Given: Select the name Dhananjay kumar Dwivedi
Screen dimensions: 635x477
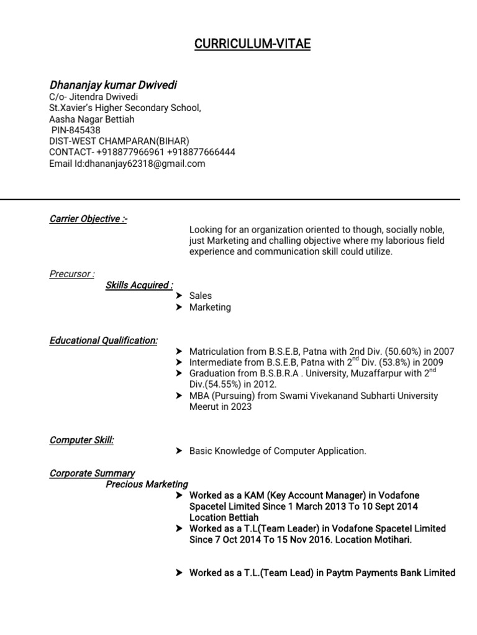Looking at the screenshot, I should coord(113,85).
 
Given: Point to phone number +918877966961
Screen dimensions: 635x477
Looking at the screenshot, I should coord(130,153).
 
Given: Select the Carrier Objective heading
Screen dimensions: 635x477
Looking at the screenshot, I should coord(88,219).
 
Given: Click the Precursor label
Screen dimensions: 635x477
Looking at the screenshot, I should coord(72,274).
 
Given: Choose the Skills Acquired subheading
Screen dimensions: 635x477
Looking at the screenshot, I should coord(139,285).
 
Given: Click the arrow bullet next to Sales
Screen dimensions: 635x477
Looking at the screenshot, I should coord(179,296).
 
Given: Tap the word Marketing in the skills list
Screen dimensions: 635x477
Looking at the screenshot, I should coord(210,308).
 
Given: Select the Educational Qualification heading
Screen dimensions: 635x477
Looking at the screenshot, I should coord(103,340).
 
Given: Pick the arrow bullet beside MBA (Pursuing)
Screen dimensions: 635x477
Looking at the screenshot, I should coord(179,396).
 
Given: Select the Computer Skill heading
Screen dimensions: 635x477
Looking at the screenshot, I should coord(81,440).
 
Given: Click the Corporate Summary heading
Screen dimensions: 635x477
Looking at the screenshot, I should coord(92,474).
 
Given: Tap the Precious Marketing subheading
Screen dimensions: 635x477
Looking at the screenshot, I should coord(147,484).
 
